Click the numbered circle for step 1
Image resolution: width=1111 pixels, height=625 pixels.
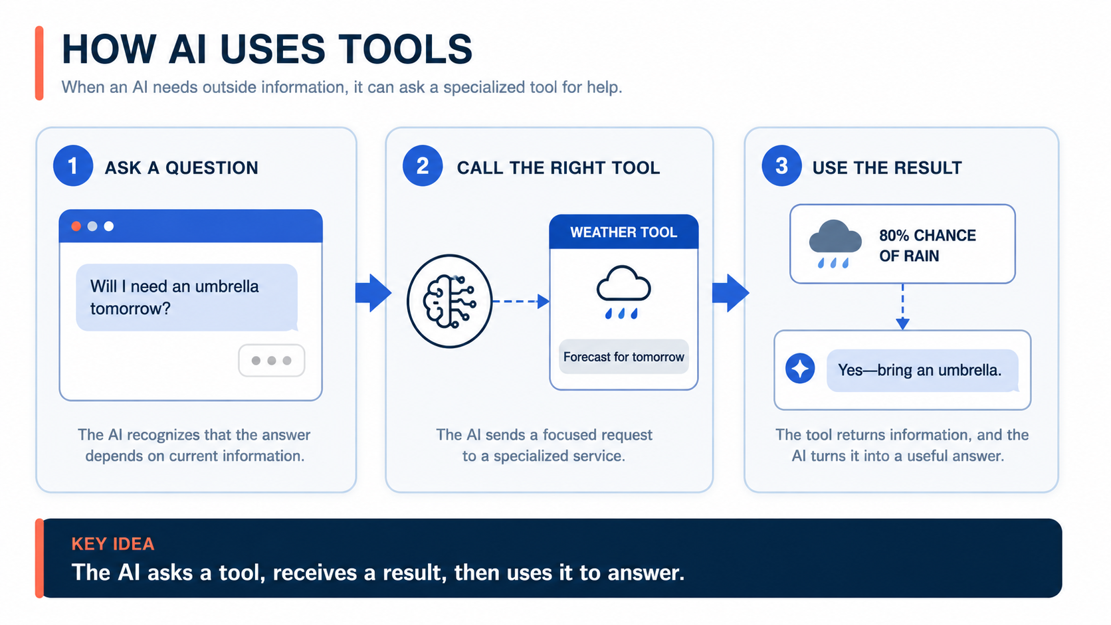point(73,165)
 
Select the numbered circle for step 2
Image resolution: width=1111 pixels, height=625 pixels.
point(423,165)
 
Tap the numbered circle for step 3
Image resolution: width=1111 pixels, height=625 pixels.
point(781,165)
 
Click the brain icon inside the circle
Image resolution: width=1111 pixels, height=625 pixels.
point(449,301)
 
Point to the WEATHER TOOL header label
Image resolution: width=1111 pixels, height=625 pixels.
point(623,232)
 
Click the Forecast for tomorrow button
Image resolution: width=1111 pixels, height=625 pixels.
point(623,357)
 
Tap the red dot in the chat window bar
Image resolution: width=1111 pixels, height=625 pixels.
point(76,226)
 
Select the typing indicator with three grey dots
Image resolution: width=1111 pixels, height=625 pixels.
point(271,361)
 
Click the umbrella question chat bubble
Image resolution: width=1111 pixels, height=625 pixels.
point(187,298)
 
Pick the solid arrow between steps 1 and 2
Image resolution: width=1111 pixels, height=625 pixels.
point(373,293)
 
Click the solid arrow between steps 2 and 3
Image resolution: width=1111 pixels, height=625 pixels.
point(730,293)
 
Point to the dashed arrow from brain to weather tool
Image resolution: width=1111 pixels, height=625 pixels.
point(521,301)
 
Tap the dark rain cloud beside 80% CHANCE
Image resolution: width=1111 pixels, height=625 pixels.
point(835,243)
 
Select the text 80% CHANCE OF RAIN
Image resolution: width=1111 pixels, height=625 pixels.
point(928,245)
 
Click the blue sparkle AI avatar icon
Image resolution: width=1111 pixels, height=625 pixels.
point(800,369)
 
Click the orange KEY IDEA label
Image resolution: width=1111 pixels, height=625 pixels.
point(113,544)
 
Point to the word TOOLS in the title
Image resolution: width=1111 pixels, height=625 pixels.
point(406,49)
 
